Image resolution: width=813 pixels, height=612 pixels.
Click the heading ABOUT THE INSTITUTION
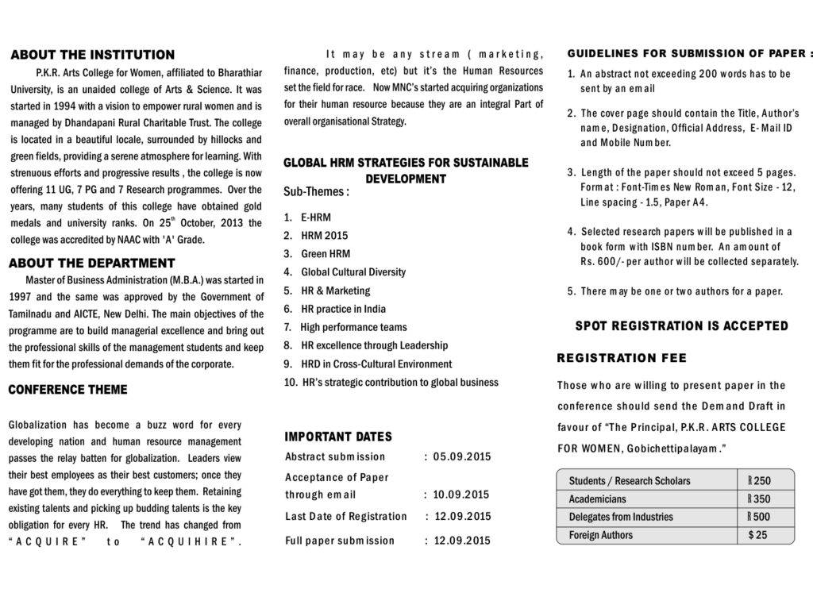coord(92,55)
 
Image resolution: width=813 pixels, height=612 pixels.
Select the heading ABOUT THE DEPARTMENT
coord(91,263)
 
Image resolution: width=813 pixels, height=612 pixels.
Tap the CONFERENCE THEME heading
coord(67,390)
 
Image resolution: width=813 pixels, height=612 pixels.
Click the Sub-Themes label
coord(316,192)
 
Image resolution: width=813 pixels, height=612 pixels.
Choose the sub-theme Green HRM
coord(326,254)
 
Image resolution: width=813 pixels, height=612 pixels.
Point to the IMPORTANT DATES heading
coord(338,437)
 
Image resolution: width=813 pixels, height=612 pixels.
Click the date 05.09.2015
coord(462,456)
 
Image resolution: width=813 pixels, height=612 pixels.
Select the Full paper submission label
coord(340,541)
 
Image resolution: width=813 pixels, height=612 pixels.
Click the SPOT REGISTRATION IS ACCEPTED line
coord(681,325)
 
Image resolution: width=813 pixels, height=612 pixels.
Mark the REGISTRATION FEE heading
coord(622,359)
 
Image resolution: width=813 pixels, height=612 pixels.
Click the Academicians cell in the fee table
coord(597,499)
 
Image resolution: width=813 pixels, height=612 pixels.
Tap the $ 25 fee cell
coord(758,535)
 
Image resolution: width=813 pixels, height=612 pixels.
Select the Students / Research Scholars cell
coord(629,481)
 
